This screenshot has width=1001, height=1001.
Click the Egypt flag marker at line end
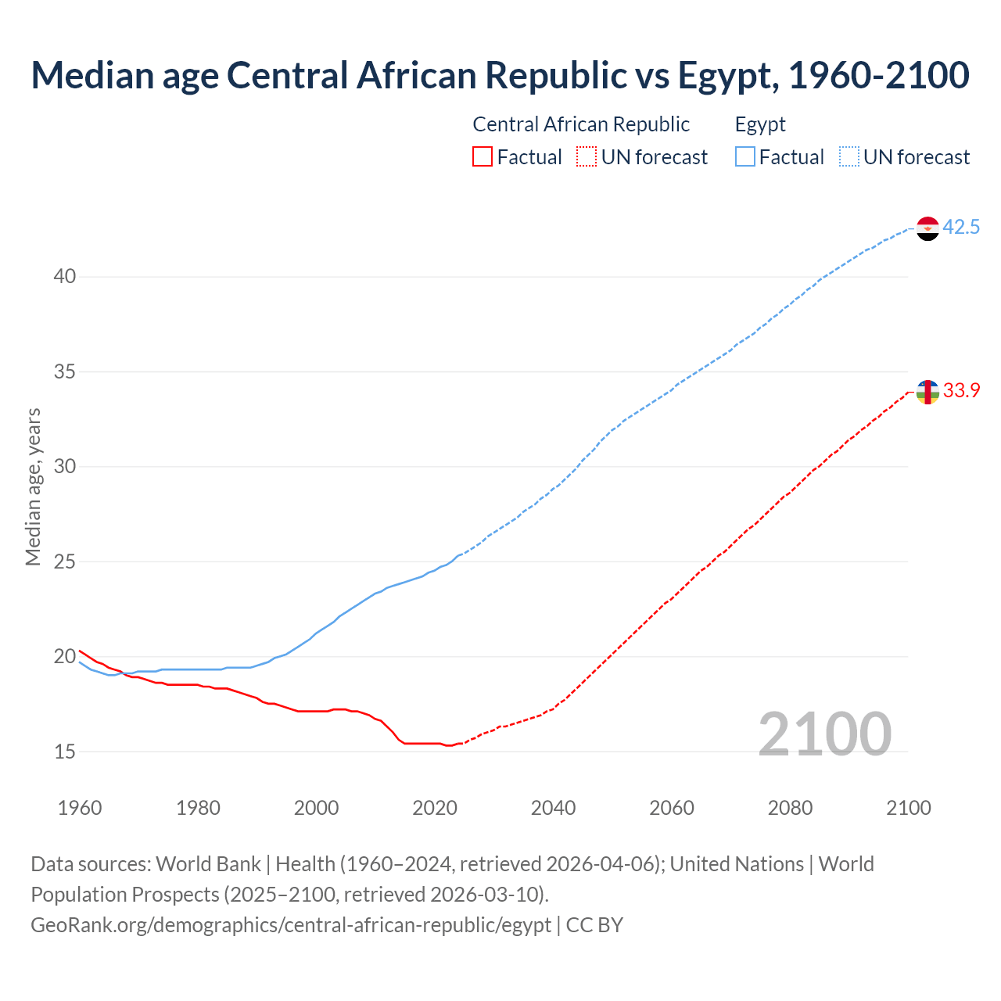point(927,228)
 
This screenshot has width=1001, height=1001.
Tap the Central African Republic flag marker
point(927,392)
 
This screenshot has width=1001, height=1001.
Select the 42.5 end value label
point(961,228)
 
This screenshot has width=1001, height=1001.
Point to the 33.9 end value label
point(961,390)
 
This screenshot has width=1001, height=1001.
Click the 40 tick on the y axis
point(65,277)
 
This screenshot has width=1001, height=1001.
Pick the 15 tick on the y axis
point(65,752)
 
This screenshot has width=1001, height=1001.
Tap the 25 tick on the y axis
point(65,561)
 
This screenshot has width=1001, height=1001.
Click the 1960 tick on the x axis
point(80,808)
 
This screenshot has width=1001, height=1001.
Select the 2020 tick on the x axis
point(435,808)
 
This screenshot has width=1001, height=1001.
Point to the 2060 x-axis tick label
point(672,808)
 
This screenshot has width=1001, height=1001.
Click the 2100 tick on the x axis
point(909,808)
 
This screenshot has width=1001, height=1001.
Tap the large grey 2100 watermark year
point(824,734)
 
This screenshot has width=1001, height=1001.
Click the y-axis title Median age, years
point(33,486)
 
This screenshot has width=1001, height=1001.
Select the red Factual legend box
point(483,157)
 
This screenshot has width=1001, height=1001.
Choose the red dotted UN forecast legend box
point(587,157)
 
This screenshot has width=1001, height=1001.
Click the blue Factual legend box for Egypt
point(745,157)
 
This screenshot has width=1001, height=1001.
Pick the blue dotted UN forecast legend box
point(849,157)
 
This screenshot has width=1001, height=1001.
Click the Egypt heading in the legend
point(760,124)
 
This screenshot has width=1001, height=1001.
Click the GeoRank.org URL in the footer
point(291,925)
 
